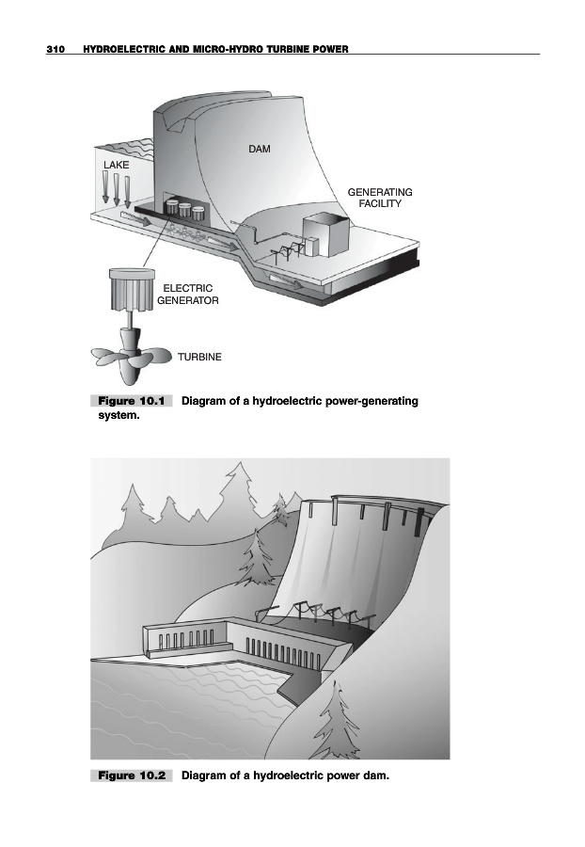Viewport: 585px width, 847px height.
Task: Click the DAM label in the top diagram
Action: [x=260, y=149]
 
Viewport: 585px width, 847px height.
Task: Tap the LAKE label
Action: [x=117, y=164]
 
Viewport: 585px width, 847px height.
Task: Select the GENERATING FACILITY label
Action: [x=380, y=198]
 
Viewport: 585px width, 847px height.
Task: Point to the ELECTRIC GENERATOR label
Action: [x=188, y=295]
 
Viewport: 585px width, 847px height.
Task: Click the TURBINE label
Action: [x=199, y=358]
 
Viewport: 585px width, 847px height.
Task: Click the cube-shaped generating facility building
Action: [x=324, y=232]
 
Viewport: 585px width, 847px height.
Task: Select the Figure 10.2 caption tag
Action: [x=132, y=776]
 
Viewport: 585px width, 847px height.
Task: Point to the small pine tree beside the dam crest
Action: [x=280, y=511]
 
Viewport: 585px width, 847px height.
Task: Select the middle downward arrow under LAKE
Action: [x=117, y=189]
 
